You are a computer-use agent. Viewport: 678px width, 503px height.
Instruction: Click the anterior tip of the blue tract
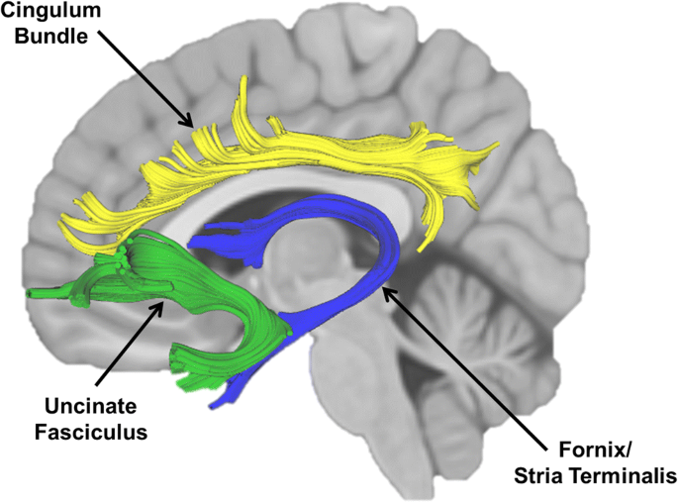point(194,240)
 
